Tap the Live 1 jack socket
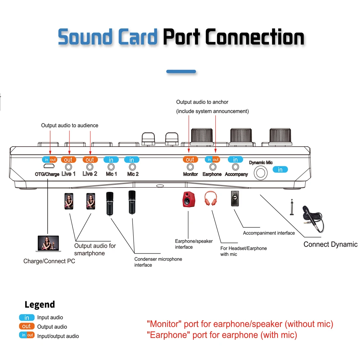click(68, 167)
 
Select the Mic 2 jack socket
click(132, 167)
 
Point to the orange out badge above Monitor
click(190, 159)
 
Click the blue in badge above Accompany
click(235, 159)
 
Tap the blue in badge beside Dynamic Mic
click(280, 170)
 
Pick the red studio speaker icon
click(188, 199)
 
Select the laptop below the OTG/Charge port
click(48, 244)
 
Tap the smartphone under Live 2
click(91, 202)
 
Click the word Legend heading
click(40, 305)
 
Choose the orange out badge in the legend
click(27, 327)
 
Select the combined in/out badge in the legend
click(27, 336)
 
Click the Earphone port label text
click(212, 174)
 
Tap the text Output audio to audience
click(69, 125)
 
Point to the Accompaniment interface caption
click(269, 233)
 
